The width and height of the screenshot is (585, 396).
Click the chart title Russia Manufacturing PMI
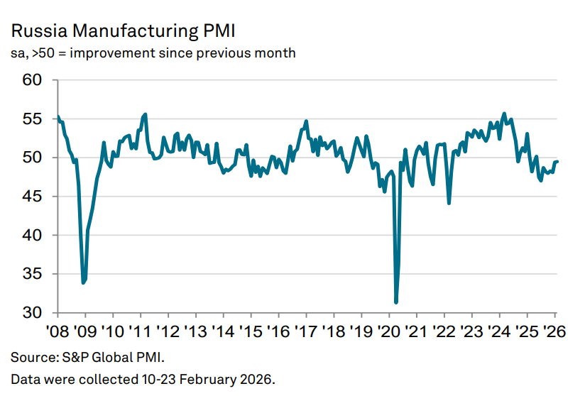122,31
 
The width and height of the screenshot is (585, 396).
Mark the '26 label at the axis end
554,331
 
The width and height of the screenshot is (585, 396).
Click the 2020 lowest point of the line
395,302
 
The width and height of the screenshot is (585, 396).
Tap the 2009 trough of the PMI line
83,282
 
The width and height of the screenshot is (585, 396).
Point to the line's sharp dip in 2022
449,203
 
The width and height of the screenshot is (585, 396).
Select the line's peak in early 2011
146,114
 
